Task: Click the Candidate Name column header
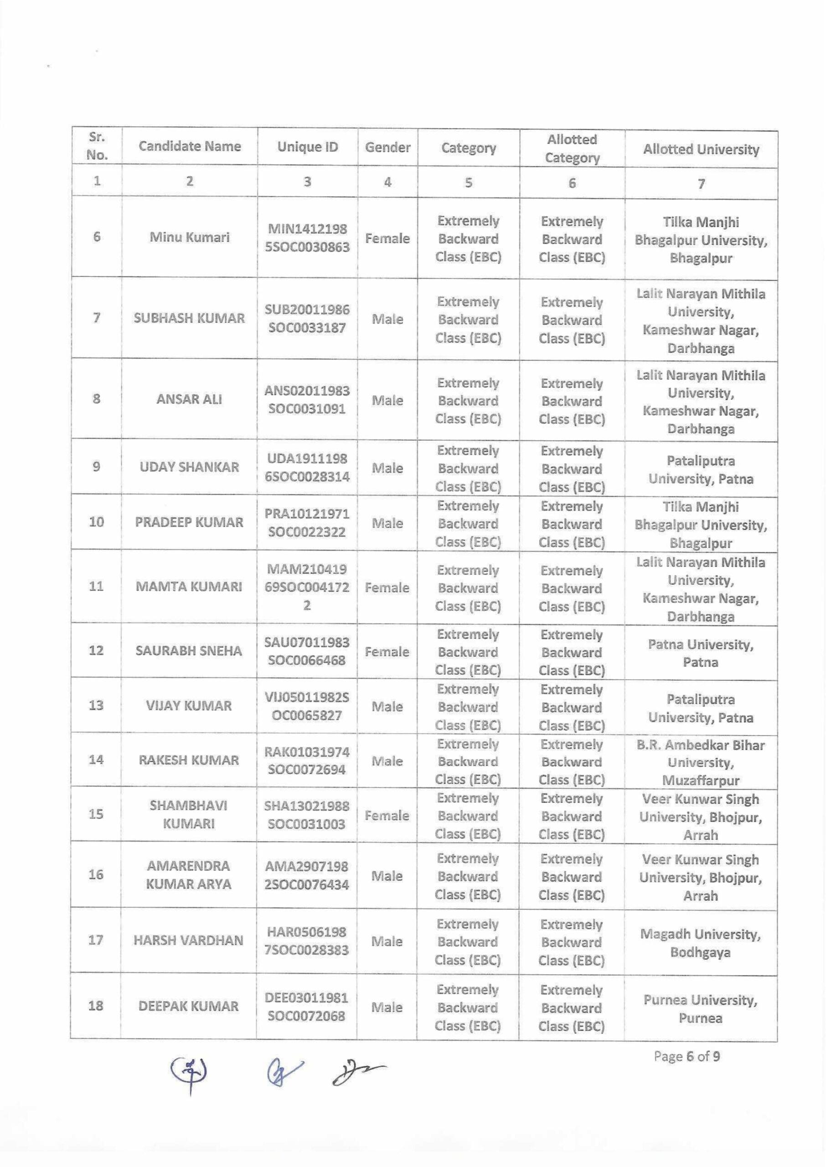189,146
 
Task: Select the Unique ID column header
307,147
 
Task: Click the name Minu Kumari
189,237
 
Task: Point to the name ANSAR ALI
189,399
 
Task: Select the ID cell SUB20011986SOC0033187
307,318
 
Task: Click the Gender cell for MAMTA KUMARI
387,588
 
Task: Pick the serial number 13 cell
96,705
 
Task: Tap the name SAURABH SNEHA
189,651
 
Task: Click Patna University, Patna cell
700,653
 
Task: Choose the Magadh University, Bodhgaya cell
700,943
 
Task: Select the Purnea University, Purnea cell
700,1009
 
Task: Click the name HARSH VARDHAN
188,941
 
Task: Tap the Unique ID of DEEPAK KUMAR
307,1007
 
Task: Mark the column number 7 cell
701,184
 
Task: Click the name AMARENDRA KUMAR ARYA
188,875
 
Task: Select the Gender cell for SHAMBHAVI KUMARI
387,816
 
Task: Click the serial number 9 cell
96,467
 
